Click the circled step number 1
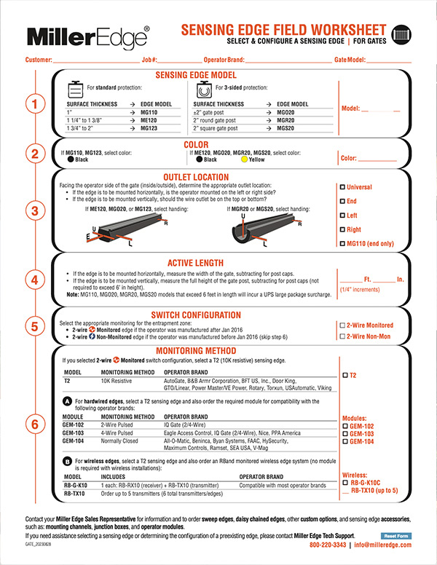[x=34, y=105]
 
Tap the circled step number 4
[x=34, y=280]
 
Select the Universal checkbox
[x=343, y=187]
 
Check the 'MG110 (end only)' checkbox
[x=343, y=244]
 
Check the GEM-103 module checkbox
[x=344, y=433]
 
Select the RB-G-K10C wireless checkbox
[x=344, y=481]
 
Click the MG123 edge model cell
[x=149, y=127]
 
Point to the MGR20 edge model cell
[x=286, y=120]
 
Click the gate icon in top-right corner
[x=401, y=33]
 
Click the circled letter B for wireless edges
[x=68, y=459]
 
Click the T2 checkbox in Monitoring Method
[x=344, y=375]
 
